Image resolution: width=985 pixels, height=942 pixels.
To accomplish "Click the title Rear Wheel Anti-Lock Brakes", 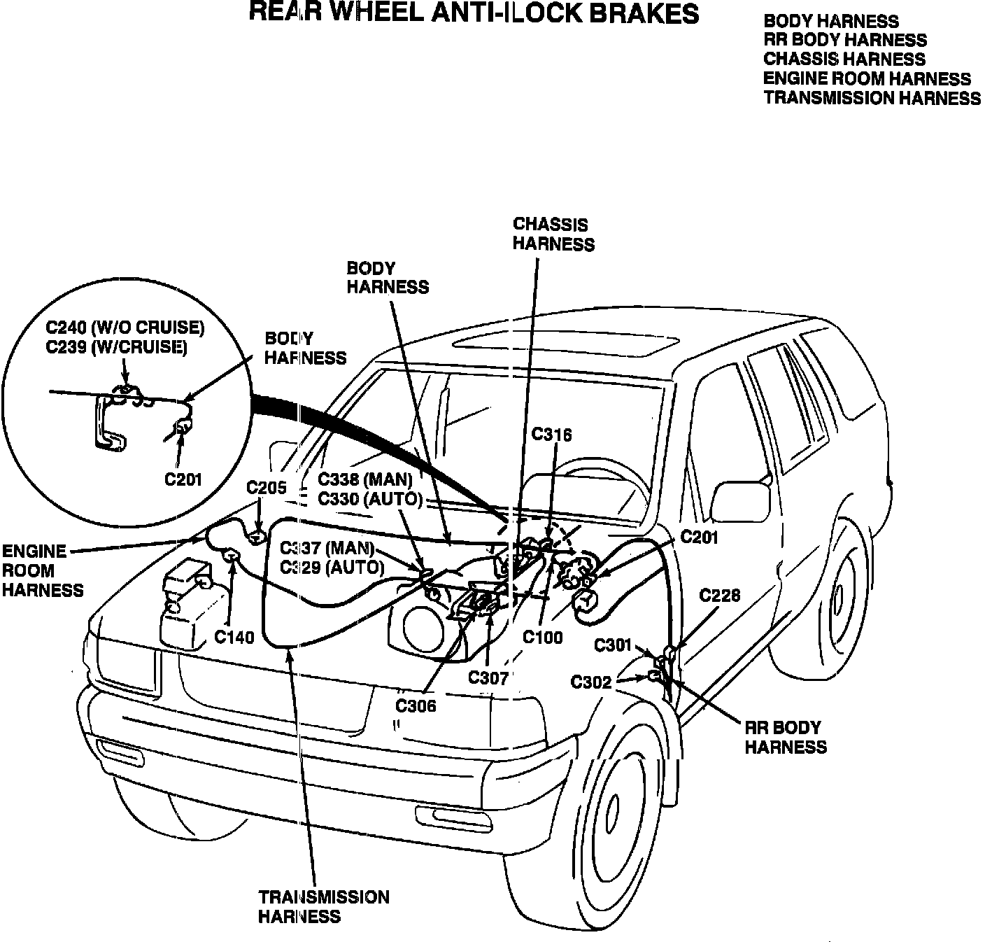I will tap(474, 13).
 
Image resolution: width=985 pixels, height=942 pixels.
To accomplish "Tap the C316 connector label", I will tap(551, 435).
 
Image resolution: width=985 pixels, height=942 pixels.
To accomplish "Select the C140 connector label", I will tap(234, 637).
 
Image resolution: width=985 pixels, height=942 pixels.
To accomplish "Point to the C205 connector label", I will tap(267, 488).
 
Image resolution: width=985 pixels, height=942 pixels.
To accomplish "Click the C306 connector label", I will tap(416, 705).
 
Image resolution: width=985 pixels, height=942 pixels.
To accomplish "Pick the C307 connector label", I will tap(488, 677).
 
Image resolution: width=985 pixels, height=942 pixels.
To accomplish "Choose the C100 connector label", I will tap(543, 638).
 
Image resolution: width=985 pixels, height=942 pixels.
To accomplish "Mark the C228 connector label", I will tap(720, 595).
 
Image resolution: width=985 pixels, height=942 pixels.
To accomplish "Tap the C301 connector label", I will tap(613, 645).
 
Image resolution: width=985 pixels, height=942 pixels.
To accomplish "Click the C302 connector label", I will tap(591, 682).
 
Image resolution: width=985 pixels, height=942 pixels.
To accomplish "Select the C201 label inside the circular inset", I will tap(183, 479).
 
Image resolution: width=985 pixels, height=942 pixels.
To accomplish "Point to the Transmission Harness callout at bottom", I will tap(323, 906).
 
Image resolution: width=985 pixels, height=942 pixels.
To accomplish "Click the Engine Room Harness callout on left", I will tap(42, 570).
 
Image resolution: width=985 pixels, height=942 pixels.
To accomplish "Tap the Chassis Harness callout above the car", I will tap(553, 234).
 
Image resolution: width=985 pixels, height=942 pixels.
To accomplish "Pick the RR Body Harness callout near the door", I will tap(785, 737).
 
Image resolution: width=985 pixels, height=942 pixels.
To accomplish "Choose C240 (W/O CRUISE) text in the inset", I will tap(125, 328).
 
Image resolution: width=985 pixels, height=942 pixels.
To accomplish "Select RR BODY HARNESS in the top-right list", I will tap(845, 41).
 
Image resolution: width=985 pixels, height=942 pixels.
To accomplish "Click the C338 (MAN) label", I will tap(365, 480).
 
